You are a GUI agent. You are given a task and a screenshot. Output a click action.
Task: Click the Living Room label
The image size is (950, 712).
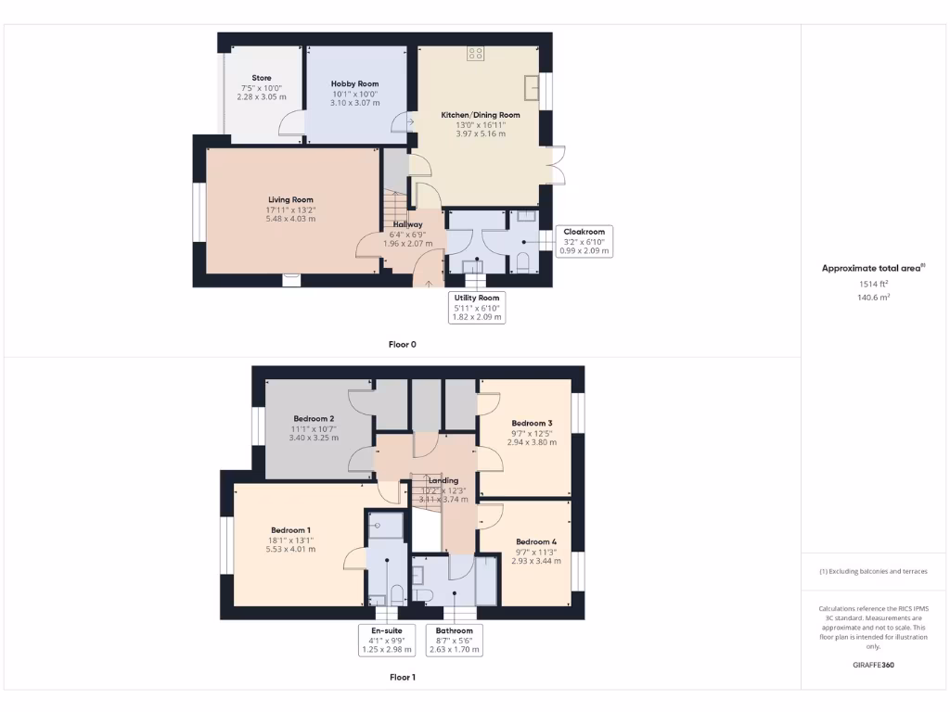(x=290, y=200)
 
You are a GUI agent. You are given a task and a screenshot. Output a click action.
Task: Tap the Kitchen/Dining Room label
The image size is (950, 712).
(x=481, y=115)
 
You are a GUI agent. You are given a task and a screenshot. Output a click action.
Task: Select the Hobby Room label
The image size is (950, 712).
(x=355, y=84)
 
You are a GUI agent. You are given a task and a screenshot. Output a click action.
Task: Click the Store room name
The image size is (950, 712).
(x=262, y=78)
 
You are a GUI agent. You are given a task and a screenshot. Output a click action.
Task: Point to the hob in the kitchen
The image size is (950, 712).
(x=476, y=53)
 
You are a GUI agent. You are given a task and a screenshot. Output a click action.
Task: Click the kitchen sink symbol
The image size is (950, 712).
(x=532, y=87)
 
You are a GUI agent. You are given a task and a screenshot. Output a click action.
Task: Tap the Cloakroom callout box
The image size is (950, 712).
(x=584, y=241)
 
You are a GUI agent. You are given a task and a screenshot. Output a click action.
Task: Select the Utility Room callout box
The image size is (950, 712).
(x=476, y=307)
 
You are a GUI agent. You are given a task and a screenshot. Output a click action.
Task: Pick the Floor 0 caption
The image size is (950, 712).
(x=402, y=344)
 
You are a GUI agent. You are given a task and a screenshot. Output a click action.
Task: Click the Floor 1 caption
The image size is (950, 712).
(x=402, y=678)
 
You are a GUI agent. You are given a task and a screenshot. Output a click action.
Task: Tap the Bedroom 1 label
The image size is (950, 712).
(x=290, y=530)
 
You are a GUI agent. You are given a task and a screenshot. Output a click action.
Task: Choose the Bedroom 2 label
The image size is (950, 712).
(x=314, y=419)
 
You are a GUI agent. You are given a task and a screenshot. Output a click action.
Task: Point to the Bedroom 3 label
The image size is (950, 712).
(x=532, y=424)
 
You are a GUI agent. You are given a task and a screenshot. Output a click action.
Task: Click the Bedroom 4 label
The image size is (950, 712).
(x=536, y=542)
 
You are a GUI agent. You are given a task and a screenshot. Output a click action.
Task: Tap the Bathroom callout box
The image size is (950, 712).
(x=454, y=641)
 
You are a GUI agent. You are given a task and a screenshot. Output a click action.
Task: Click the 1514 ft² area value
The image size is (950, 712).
(x=872, y=285)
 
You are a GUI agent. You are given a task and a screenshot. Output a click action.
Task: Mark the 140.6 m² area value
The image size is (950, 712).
(x=872, y=298)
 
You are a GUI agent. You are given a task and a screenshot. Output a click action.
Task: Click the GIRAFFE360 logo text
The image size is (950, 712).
(x=873, y=665)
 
